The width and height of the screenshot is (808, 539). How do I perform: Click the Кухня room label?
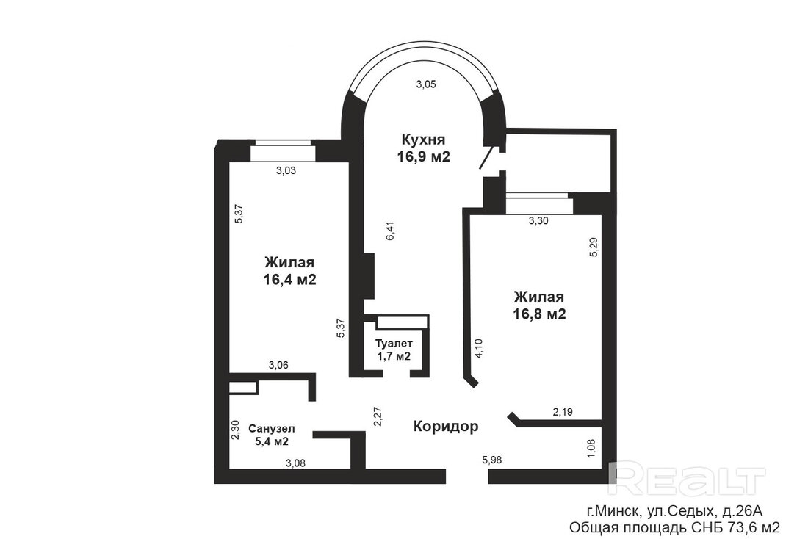coord(423,139)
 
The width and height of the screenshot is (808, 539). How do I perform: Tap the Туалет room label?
coord(394,343)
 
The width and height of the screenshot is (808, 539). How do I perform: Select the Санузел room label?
coord(272,429)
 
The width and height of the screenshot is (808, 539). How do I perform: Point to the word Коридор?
coord(446,426)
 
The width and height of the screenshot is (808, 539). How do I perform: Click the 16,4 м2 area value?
coord(289,280)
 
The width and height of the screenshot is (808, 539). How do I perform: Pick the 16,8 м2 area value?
coord(540,314)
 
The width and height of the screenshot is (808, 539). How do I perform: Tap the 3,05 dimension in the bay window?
coord(426,84)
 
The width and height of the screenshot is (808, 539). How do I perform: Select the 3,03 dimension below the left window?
coord(286,170)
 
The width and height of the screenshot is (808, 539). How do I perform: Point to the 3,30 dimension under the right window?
coord(538,221)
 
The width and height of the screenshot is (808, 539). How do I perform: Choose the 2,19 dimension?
coord(563,412)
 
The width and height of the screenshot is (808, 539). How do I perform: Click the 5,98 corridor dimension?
coord(491,460)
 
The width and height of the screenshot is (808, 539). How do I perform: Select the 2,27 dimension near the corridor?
coord(378,416)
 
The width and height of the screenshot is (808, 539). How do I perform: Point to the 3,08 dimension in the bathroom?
coord(295,463)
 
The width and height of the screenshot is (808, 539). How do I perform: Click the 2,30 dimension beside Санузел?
coord(235,430)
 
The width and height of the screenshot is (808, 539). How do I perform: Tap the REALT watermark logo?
coord(686,479)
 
